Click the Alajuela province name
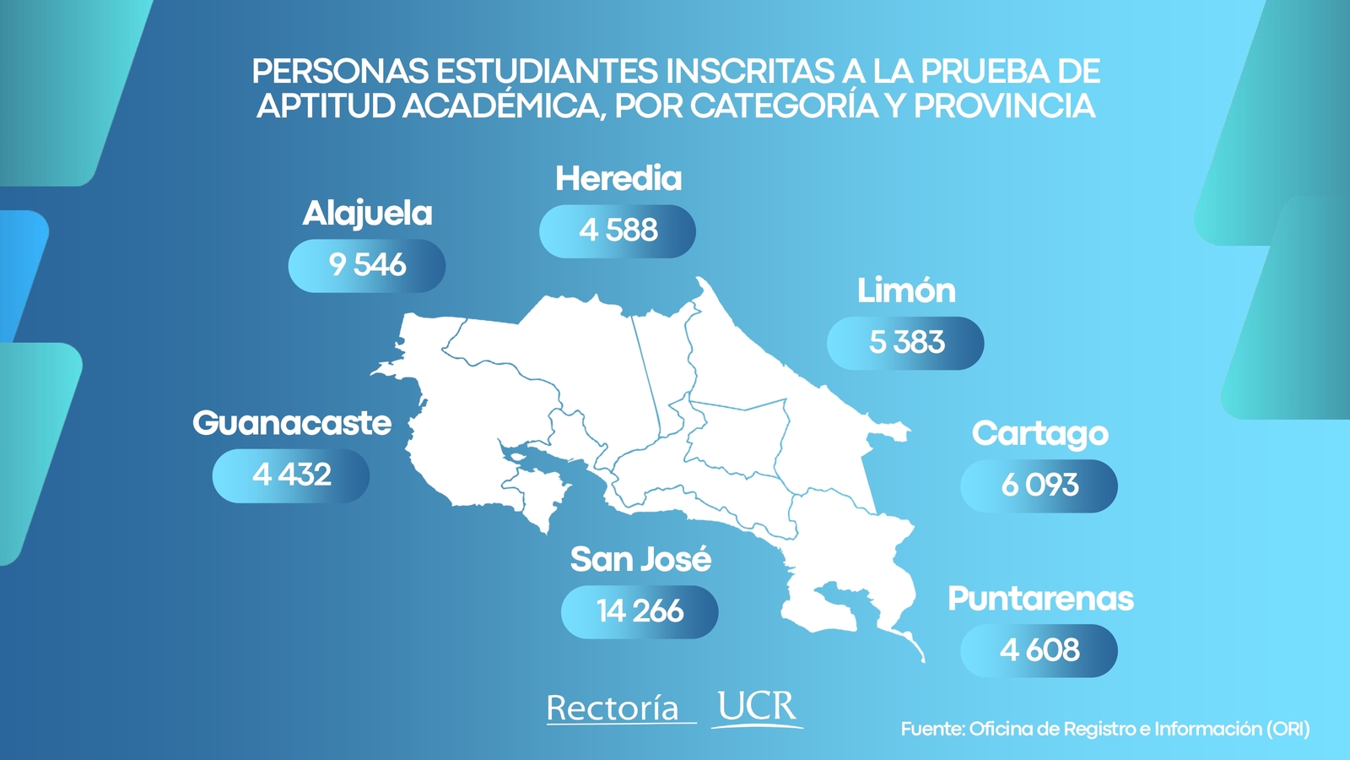tap(367, 214)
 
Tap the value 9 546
tap(367, 265)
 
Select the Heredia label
tap(618, 179)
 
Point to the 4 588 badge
tap(618, 231)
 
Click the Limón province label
tap(906, 291)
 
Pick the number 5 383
tap(906, 343)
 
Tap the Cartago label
tap(1039, 434)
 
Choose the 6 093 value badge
tap(1039, 486)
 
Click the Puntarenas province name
tap(1040, 599)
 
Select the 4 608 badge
tap(1039, 650)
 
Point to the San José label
tap(640, 559)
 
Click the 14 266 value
tap(640, 611)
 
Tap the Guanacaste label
tap(292, 423)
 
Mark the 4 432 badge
tap(291, 475)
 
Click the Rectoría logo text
tap(613, 708)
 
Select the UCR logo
tap(757, 708)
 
